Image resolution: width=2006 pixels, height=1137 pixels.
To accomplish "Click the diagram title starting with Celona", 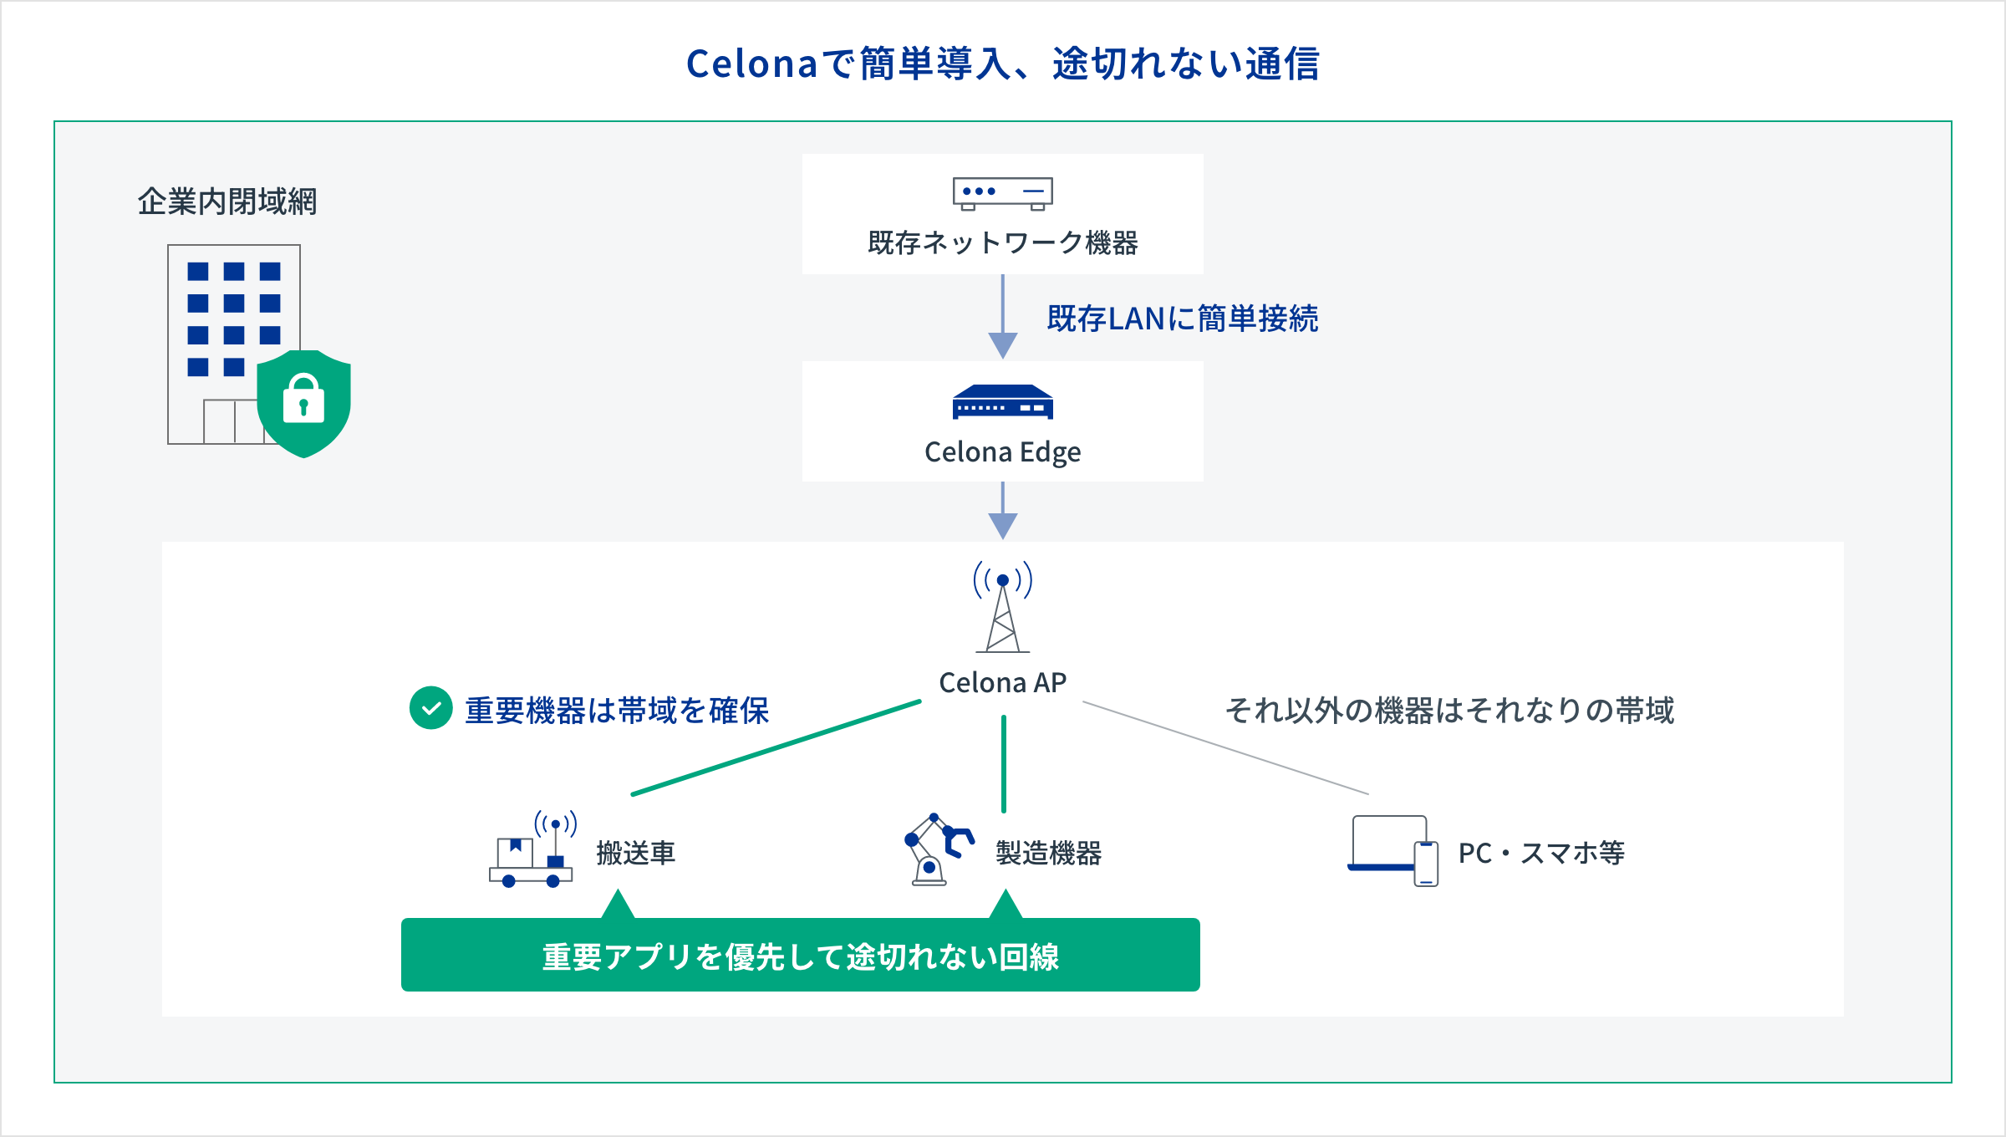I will [1002, 64].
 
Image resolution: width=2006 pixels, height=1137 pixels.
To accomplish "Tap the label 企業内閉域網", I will [227, 201].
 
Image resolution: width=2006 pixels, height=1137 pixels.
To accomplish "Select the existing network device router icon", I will [1002, 193].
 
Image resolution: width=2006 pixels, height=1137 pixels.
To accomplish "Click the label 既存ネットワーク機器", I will [1002, 243].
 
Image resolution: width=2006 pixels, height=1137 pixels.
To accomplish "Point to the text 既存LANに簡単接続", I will [1182, 319].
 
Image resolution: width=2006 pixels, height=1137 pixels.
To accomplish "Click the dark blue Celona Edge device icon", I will [1002, 402].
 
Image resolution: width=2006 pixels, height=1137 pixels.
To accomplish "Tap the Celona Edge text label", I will [1002, 452].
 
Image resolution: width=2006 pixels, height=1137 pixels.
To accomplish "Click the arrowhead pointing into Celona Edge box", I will [1002, 344].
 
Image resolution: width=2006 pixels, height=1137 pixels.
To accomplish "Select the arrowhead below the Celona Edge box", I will [1002, 525].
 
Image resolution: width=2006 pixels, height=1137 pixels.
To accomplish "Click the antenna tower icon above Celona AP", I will [1002, 607].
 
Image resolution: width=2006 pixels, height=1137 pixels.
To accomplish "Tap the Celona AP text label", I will [1002, 683].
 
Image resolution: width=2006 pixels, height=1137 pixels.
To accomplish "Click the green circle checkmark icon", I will [430, 709].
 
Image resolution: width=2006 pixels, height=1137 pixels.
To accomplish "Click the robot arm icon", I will [937, 849].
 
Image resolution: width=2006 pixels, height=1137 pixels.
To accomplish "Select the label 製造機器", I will [1048, 854].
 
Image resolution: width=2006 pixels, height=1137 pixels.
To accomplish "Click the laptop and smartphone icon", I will [1392, 851].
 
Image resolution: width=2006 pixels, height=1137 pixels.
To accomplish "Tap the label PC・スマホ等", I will [1541, 854].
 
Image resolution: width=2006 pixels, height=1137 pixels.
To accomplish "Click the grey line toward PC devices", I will [1225, 747].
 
